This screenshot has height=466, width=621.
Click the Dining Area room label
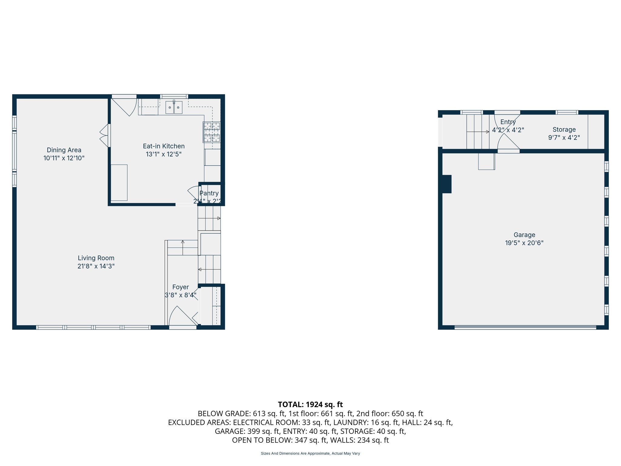(64, 150)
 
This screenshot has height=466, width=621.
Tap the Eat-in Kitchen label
(164, 146)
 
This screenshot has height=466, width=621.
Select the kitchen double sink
(174, 107)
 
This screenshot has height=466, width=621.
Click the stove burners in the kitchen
(212, 132)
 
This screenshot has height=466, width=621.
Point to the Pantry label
(209, 193)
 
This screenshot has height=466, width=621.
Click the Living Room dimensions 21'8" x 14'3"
(96, 266)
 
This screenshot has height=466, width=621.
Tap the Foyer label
(180, 287)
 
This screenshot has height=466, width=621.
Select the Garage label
(524, 235)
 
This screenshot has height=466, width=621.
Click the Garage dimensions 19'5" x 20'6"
(524, 243)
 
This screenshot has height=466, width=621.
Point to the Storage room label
(564, 130)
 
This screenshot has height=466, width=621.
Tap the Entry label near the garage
(508, 122)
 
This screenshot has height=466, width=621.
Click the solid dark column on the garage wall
(447, 184)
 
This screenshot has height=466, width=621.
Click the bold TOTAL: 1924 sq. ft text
(310, 404)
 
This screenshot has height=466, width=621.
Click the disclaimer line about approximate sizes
(310, 454)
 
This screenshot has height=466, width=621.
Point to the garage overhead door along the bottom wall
(525, 327)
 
